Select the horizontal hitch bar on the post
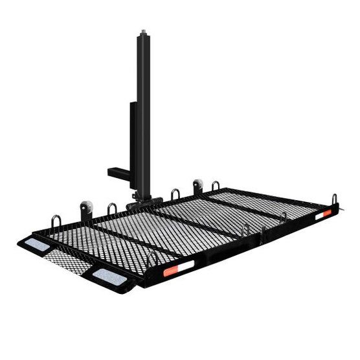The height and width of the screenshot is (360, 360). [120, 173]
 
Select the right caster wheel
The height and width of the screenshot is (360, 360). [197, 187]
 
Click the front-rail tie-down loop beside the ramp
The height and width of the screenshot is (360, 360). [152, 259]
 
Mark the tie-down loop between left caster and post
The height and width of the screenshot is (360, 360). [112, 209]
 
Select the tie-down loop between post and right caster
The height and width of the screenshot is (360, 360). [175, 194]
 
